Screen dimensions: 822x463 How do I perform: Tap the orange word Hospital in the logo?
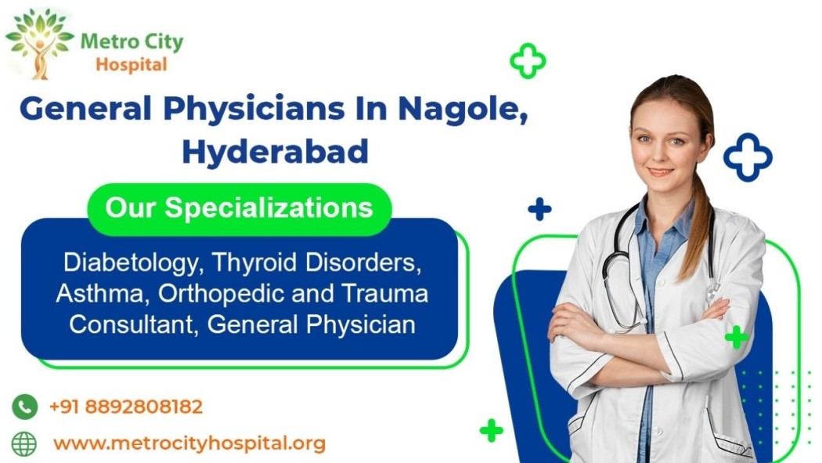(131, 65)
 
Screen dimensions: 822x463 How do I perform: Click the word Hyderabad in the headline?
(276, 151)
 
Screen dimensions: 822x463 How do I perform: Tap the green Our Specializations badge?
(240, 208)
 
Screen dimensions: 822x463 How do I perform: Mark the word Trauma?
(385, 293)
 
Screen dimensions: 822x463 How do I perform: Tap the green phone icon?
(24, 407)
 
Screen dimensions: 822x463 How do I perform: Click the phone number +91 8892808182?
(126, 407)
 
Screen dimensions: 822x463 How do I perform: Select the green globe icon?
(24, 444)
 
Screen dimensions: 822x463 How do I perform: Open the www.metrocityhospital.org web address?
(189, 443)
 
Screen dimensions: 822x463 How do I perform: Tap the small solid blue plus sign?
(539, 209)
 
